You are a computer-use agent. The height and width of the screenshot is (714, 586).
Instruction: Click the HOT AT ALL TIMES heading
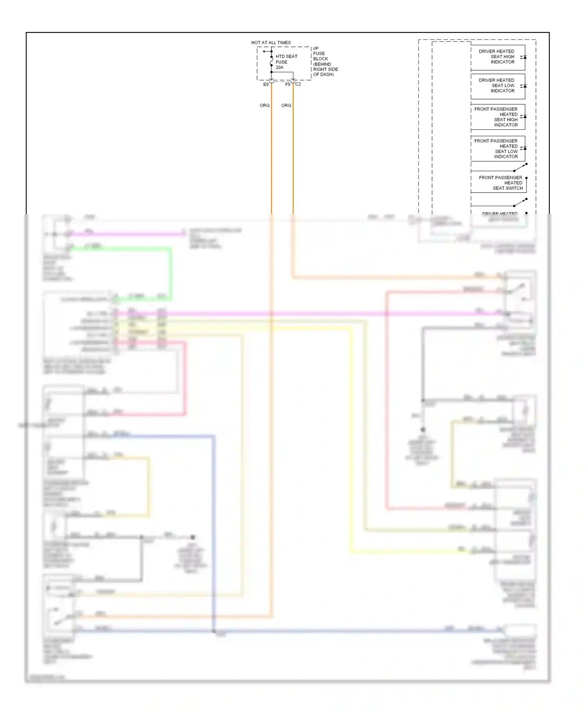pos(271,43)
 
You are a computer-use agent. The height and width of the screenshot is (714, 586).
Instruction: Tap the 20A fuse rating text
pos(279,68)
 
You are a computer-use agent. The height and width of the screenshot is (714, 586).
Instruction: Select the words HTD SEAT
pos(286,57)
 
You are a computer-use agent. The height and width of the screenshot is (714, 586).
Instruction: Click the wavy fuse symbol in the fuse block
pos(272,61)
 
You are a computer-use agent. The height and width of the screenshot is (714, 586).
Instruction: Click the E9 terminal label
pos(266,84)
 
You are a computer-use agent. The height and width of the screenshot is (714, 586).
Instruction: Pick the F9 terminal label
pos(288,84)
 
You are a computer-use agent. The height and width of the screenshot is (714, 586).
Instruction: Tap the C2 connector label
pos(298,84)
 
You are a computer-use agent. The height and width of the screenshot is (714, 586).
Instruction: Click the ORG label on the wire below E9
pos(264,105)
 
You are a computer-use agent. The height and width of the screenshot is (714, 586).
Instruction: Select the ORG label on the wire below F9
pos(286,105)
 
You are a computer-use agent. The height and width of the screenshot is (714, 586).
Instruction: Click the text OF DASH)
pos(323,74)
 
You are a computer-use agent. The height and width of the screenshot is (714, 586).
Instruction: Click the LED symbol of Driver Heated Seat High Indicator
pos(524,57)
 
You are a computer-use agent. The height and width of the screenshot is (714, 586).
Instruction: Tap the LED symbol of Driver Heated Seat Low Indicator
pos(524,86)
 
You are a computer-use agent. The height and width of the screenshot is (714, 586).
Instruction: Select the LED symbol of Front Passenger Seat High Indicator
pos(524,116)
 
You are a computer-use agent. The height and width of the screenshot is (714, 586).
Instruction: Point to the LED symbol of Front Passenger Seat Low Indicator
pos(524,148)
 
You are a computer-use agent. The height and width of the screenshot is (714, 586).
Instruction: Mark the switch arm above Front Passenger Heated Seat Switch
pos(520,168)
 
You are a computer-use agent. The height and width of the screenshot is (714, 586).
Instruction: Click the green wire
pos(170,273)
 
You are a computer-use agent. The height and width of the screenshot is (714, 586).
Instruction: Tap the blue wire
pos(213,527)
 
